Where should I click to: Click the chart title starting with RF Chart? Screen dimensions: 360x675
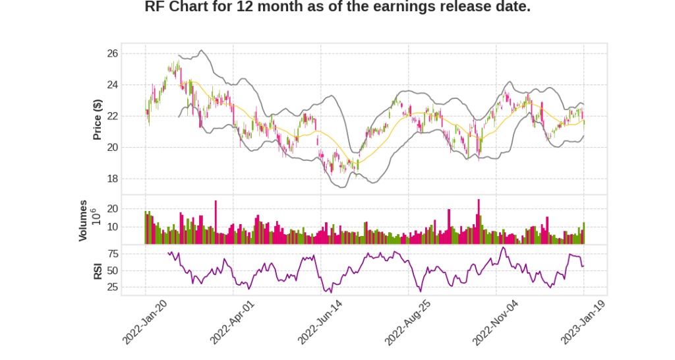click(x=337, y=7)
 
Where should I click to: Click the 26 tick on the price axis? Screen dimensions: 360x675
click(x=112, y=53)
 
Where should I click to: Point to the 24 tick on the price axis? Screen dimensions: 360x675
click(x=112, y=85)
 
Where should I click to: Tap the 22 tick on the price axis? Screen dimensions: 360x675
click(x=112, y=116)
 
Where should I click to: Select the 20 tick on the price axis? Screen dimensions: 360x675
click(x=112, y=148)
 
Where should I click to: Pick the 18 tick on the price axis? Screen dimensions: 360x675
click(x=112, y=179)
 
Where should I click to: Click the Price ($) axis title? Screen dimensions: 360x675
click(x=98, y=119)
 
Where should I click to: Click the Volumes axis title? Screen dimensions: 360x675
click(x=83, y=220)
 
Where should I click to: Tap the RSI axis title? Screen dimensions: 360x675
click(x=98, y=270)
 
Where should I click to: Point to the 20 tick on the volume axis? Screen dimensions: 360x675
click(x=112, y=208)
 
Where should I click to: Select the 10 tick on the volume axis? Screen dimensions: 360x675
click(x=112, y=227)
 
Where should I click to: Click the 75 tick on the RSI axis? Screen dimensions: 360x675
click(x=112, y=254)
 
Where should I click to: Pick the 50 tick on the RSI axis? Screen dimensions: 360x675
click(x=112, y=270)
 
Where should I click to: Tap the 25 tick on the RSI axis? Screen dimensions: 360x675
click(x=112, y=287)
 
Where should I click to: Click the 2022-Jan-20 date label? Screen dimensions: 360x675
click(x=144, y=322)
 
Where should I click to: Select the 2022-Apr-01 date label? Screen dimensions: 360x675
click(x=232, y=322)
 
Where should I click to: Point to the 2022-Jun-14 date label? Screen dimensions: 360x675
click(x=320, y=322)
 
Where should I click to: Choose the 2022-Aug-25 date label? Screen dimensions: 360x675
click(x=407, y=322)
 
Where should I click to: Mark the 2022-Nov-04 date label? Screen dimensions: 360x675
click(x=495, y=322)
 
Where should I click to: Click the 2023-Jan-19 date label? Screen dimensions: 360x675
click(x=583, y=322)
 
